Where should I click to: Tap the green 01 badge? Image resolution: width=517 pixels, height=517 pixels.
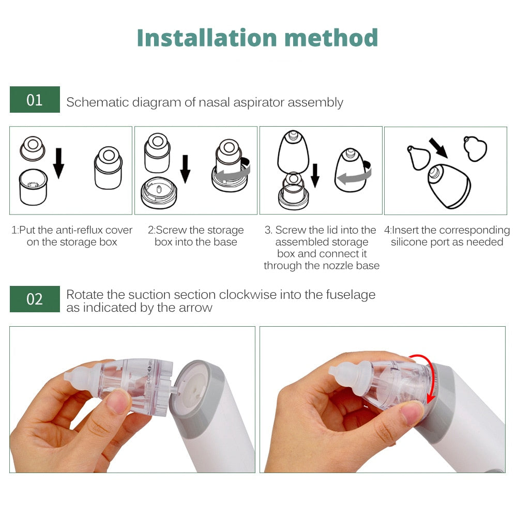pyautogui.click(x=35, y=99)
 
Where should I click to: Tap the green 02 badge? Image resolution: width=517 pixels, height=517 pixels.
pyautogui.click(x=35, y=299)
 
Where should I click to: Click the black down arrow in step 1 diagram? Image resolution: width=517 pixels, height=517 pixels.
pyautogui.click(x=58, y=162)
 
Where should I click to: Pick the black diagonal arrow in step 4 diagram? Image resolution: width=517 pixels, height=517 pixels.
pyautogui.click(x=438, y=149)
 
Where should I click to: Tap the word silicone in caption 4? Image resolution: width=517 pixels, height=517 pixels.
pyautogui.click(x=411, y=242)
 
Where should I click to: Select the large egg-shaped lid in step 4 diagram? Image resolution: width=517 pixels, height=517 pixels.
pyautogui.click(x=449, y=186)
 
